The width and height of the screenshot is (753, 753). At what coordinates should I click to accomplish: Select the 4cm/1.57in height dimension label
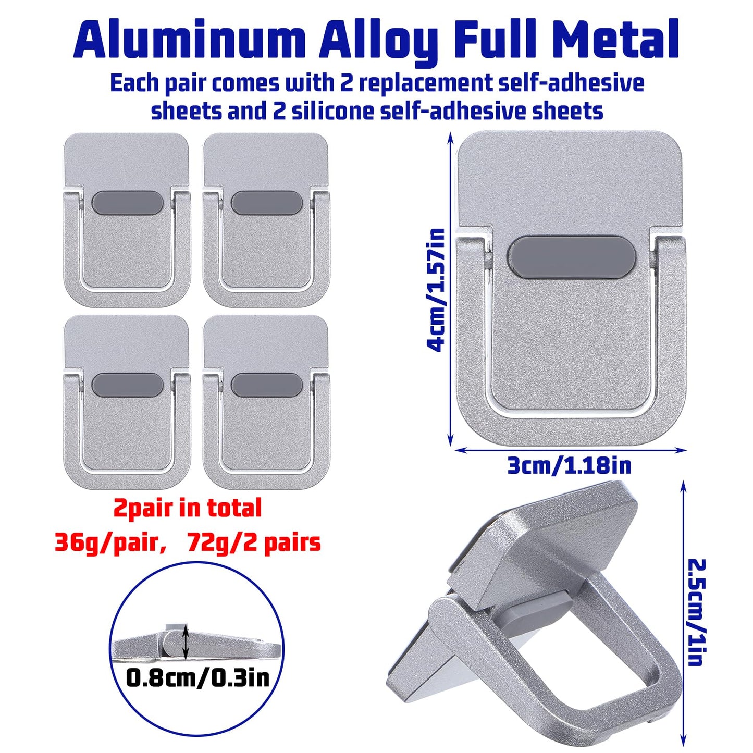tap(436, 290)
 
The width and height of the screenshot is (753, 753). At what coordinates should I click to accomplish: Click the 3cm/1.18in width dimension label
tap(570, 466)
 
